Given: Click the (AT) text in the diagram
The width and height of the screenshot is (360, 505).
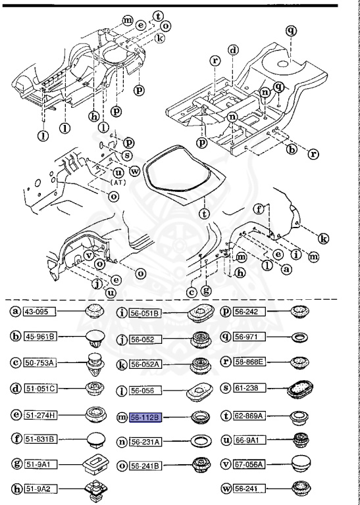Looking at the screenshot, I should click(119, 181).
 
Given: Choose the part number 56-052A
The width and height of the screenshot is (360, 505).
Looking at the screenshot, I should click(143, 362).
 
